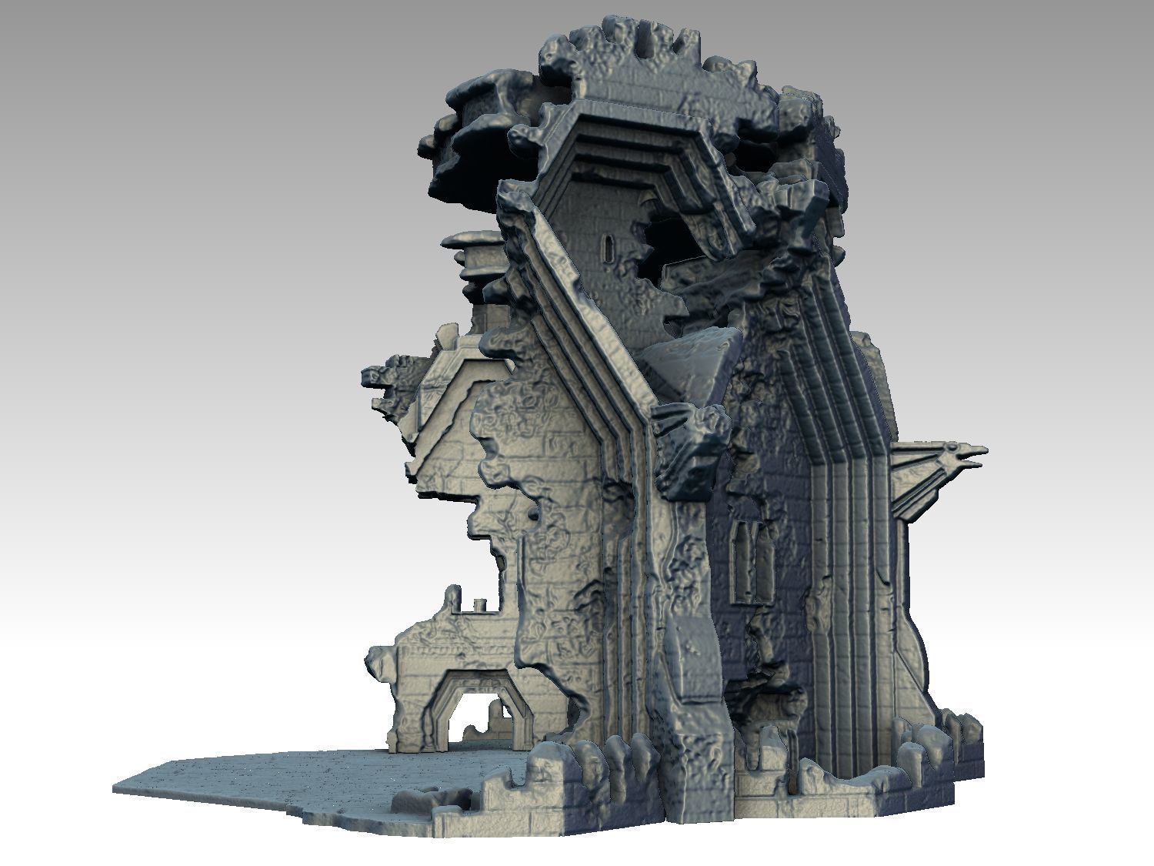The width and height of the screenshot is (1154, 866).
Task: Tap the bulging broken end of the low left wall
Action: click(x=380, y=663)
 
